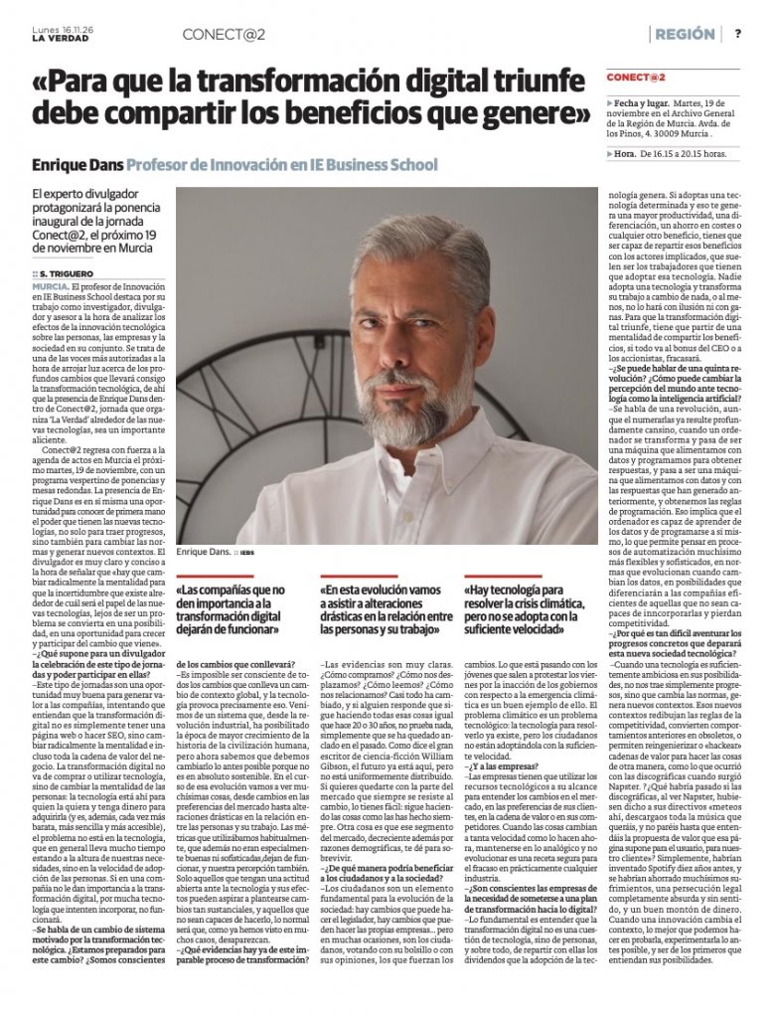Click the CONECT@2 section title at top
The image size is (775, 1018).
point(223,34)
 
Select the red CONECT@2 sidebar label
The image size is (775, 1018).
point(636,78)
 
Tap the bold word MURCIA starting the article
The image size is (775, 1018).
point(51,285)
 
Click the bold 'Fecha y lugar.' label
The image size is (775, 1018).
point(643,102)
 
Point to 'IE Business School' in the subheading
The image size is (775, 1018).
point(372,163)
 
